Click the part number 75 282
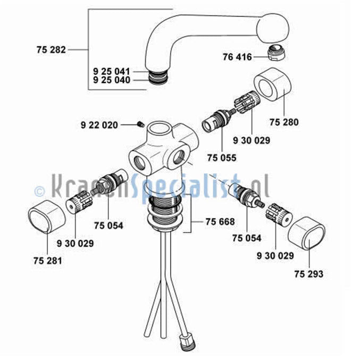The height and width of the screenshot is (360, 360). pos(51,50)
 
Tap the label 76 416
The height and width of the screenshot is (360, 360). pos(237,57)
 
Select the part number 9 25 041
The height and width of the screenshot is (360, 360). pos(112,71)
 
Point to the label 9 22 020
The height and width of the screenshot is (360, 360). pos(99,125)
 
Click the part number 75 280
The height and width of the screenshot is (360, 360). pos(284,122)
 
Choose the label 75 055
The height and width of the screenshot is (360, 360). pos(222,158)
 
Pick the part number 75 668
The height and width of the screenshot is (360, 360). pos(220,222)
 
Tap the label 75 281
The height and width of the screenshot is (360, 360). pos(48,261)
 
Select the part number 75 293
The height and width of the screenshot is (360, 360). pos(309,274)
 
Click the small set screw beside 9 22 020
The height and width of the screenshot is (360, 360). pos(140,124)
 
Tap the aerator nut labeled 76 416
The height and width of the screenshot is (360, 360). pos(276,53)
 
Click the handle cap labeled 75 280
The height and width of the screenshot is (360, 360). pos(272,84)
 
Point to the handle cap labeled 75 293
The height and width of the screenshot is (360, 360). pos(306,233)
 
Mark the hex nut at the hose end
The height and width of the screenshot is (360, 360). pos(187,342)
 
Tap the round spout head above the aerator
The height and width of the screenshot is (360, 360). pos(272,28)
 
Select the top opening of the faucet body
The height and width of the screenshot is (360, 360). pos(158,128)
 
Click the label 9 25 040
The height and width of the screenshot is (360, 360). pos(112,80)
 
